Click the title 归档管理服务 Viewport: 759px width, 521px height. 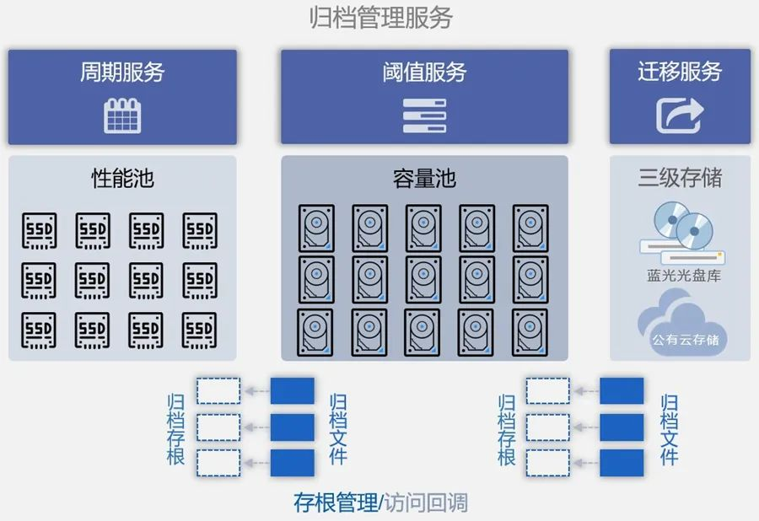(x=380, y=18)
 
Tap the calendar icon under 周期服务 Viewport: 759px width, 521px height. (x=122, y=115)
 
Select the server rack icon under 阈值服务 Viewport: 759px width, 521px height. (x=424, y=116)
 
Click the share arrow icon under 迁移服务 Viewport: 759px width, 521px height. (x=680, y=115)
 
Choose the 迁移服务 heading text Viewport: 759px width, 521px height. (x=680, y=72)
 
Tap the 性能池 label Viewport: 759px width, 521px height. (x=122, y=179)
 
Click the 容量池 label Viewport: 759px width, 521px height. (x=424, y=179)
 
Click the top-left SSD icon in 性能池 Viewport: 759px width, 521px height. (x=39, y=229)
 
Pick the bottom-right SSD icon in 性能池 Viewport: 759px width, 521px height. (x=200, y=330)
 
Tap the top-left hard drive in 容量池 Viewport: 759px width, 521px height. (x=316, y=228)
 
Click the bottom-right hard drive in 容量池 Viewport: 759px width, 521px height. (x=530, y=332)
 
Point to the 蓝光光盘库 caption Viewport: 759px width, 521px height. (x=679, y=276)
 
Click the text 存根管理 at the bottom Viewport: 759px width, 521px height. (x=336, y=503)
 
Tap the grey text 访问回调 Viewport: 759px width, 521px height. (x=427, y=503)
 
